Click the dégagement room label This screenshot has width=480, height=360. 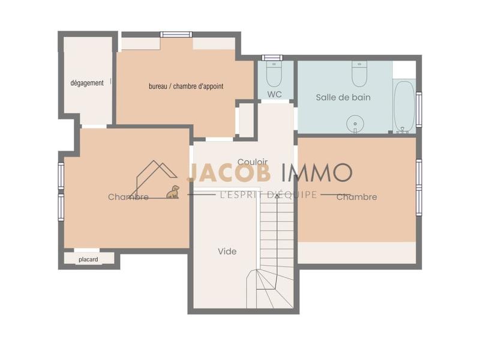tap(87, 83)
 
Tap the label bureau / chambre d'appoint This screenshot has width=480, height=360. tap(186, 86)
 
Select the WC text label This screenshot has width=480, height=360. tap(275, 94)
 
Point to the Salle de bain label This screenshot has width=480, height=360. tap(343, 97)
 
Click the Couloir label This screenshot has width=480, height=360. tap(252, 162)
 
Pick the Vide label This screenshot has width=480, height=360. tap(227, 251)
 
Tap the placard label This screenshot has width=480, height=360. tap(88, 259)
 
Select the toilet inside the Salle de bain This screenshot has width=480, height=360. tap(359, 74)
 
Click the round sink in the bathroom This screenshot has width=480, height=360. tap(355, 124)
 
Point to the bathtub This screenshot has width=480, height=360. tap(404, 106)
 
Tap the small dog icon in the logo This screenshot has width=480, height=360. tap(173, 192)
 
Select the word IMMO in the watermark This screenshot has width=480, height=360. tap(317, 173)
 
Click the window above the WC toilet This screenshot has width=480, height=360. tap(272, 58)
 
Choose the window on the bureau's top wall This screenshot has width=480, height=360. tap(176, 34)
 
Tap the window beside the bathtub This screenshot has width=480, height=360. tap(419, 109)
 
